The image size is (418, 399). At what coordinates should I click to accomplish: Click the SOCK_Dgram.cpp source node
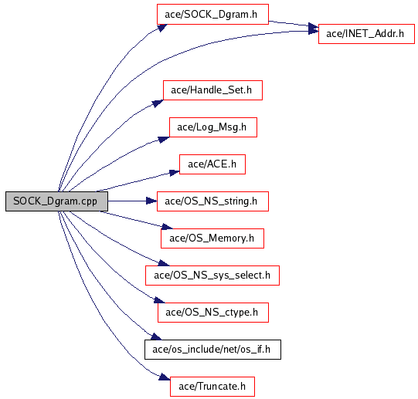pyautogui.click(x=56, y=201)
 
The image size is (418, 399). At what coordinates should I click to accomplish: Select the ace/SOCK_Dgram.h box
pyautogui.click(x=212, y=14)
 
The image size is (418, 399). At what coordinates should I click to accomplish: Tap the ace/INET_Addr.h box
pyautogui.click(x=366, y=34)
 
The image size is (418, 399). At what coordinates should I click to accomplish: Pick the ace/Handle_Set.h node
pyautogui.click(x=212, y=90)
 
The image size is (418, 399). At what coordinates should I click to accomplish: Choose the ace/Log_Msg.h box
pyautogui.click(x=213, y=127)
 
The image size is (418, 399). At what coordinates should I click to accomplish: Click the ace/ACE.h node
pyautogui.click(x=212, y=164)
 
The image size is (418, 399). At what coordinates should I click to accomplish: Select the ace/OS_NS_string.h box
pyautogui.click(x=212, y=201)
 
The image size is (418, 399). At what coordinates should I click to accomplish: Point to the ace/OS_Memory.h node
pyautogui.click(x=212, y=238)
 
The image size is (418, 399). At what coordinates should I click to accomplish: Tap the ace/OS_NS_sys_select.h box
pyautogui.click(x=212, y=276)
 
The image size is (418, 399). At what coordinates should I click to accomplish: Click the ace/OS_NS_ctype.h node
pyautogui.click(x=213, y=312)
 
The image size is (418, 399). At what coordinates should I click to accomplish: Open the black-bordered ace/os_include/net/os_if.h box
pyautogui.click(x=212, y=349)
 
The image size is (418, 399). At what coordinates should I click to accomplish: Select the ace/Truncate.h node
pyautogui.click(x=212, y=386)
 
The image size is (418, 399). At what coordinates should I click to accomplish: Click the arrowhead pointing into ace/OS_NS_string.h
pyautogui.click(x=151, y=201)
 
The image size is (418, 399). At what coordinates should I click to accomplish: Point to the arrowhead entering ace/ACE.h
pyautogui.click(x=175, y=173)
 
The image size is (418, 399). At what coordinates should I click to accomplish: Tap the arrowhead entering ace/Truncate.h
pyautogui.click(x=165, y=377)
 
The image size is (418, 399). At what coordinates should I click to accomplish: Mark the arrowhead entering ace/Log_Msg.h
pyautogui.click(x=164, y=140)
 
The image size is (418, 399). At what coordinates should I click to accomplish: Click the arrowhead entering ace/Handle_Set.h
pyautogui.click(x=158, y=103)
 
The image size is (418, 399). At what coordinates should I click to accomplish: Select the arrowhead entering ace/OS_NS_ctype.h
pyautogui.click(x=159, y=300)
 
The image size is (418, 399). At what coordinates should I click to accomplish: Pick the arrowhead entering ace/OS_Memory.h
pyautogui.click(x=167, y=227)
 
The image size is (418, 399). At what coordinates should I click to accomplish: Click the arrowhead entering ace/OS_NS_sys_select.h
pyautogui.click(x=164, y=263)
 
